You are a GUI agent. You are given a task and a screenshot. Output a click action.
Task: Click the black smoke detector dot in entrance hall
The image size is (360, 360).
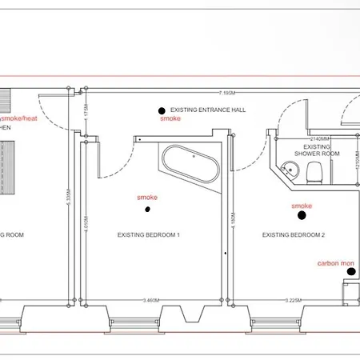click(x=162, y=110)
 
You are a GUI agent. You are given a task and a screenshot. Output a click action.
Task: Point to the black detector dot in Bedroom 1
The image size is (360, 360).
click(x=148, y=210)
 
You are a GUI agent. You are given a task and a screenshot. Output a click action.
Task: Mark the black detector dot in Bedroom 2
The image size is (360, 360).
click(x=302, y=214)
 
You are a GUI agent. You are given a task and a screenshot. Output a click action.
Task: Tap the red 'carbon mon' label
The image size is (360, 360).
click(x=335, y=262)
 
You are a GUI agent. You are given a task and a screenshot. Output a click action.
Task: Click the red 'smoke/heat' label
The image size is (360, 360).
click(x=18, y=118)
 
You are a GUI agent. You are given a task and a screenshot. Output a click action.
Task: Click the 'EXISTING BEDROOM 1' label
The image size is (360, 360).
click(x=148, y=235)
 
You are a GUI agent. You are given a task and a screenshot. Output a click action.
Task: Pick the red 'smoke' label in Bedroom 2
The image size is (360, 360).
click(x=302, y=205)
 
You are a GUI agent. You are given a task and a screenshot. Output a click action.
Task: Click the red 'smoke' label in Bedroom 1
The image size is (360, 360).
click(x=147, y=197)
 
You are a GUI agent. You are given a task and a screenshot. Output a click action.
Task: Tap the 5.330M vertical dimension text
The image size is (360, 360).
click(x=70, y=200)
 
